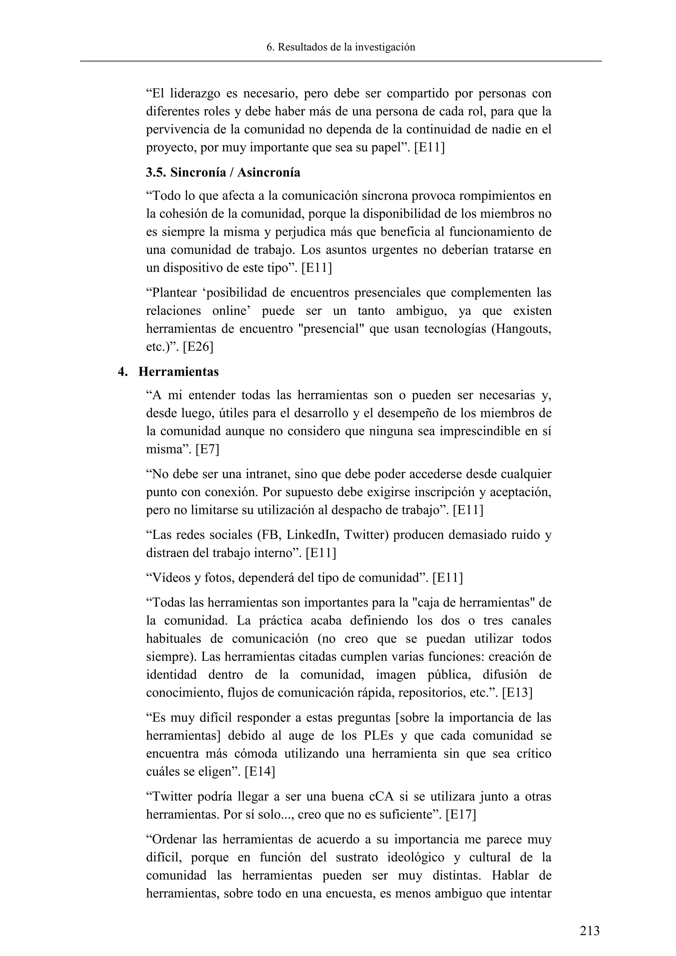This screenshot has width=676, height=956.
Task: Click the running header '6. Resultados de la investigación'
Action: (x=341, y=47)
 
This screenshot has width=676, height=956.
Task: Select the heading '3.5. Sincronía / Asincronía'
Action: (x=223, y=172)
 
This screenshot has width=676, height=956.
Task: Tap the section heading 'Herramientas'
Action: (x=178, y=371)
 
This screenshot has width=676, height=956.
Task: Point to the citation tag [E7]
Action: (x=207, y=449)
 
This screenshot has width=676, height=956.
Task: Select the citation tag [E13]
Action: (x=517, y=693)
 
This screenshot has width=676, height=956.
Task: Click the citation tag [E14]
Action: (x=260, y=771)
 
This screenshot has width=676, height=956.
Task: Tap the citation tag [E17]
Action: (x=460, y=814)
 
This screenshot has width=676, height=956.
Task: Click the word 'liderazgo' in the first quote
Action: (x=195, y=94)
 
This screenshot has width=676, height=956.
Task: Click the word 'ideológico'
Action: (x=424, y=857)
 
